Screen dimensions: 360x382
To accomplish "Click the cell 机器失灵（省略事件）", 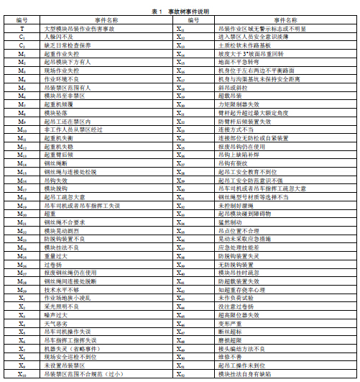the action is (72, 349).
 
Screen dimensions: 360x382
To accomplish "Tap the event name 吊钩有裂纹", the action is (230, 163).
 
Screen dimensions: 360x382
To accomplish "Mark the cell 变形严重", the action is (227, 324).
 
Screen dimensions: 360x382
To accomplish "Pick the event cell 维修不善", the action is (227, 357).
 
